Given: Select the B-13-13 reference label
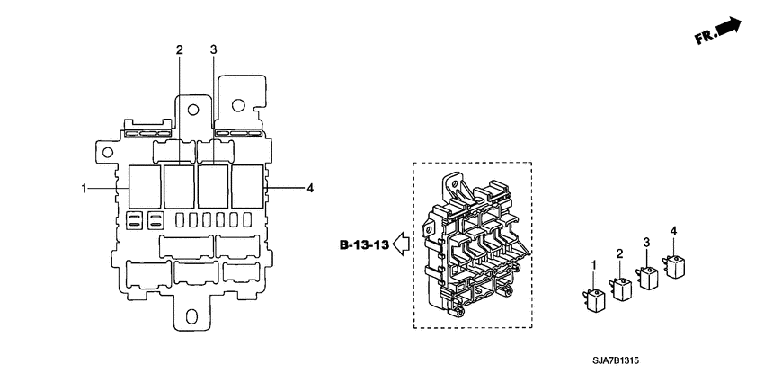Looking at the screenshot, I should click(365, 244).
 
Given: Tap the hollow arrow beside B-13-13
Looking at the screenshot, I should click(402, 244).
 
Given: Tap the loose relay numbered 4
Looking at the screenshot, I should click(673, 265).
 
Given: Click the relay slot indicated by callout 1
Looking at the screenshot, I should click(144, 187).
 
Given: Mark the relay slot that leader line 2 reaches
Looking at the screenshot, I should click(179, 187).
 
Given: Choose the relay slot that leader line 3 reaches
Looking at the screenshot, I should click(213, 187).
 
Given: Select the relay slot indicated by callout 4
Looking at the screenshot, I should click(247, 187).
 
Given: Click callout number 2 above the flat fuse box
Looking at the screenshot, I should click(179, 49).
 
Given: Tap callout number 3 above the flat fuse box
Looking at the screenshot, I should click(213, 49).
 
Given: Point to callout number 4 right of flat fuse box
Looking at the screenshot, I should click(309, 188).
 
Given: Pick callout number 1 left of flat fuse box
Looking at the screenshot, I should click(84, 188).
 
